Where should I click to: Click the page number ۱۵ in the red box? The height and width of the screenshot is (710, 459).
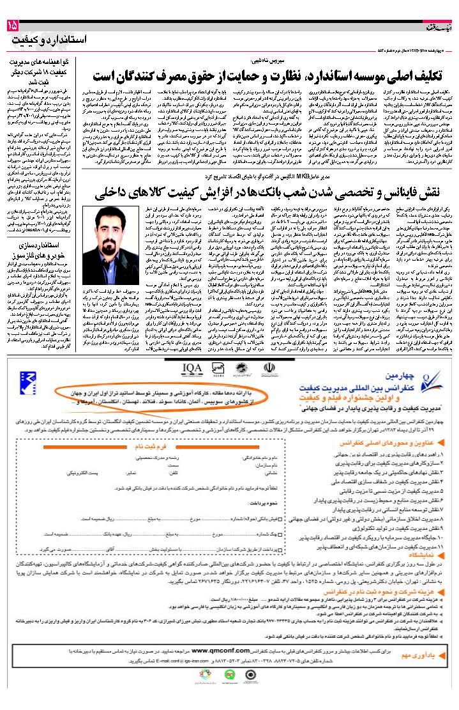[13, 26]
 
